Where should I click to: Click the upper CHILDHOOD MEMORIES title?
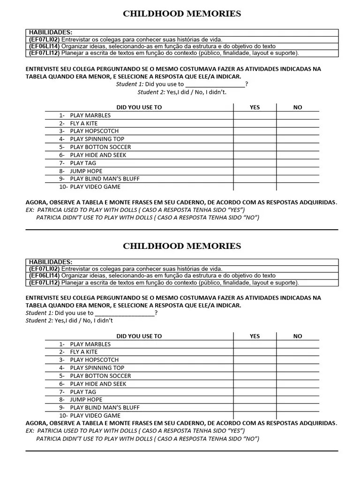coord(182,14)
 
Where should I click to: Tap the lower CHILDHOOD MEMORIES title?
coord(182,246)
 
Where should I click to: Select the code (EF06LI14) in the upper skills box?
coord(44,46)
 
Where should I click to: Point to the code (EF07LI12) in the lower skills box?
coord(44,283)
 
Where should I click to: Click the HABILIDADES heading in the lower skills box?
coord(51,262)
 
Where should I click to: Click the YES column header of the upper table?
coord(255,107)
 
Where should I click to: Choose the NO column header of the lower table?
coord(298,336)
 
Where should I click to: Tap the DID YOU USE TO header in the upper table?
coord(139,107)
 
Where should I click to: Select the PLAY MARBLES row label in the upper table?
coord(90,115)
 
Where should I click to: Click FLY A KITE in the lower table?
coord(83,352)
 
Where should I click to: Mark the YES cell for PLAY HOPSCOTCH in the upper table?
coord(255,131)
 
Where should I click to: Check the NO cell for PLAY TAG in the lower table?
coord(298,391)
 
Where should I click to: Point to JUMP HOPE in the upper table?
coord(86,171)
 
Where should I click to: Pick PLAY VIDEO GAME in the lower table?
coord(95,415)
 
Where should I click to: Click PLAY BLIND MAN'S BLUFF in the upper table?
coord(105,179)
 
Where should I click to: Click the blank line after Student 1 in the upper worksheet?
coord(215,85)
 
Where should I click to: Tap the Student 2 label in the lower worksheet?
coord(39,321)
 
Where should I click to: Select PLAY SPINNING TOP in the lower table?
coord(97,368)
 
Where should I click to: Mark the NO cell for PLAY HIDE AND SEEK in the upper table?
coord(298,155)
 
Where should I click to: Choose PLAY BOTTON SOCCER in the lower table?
coord(100,376)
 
